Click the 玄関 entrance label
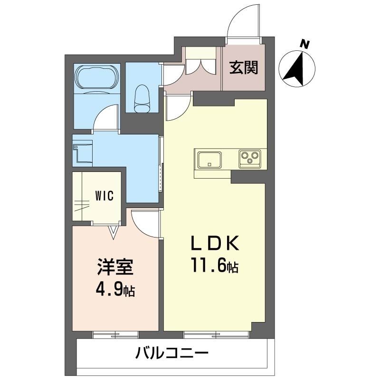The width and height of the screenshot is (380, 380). [x=244, y=67]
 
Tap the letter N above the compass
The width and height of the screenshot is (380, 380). [x=305, y=45]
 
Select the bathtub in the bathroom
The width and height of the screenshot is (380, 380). [x=97, y=77]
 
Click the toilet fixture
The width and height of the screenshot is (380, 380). [x=142, y=99]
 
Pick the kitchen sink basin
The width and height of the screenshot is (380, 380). [x=209, y=160]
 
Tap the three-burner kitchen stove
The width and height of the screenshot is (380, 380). [x=250, y=159]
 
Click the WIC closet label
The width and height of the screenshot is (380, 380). [x=104, y=196]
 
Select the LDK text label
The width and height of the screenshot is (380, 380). [x=215, y=243]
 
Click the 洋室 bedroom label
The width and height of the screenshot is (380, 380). [x=115, y=267]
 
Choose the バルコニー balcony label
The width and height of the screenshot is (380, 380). [x=172, y=352]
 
